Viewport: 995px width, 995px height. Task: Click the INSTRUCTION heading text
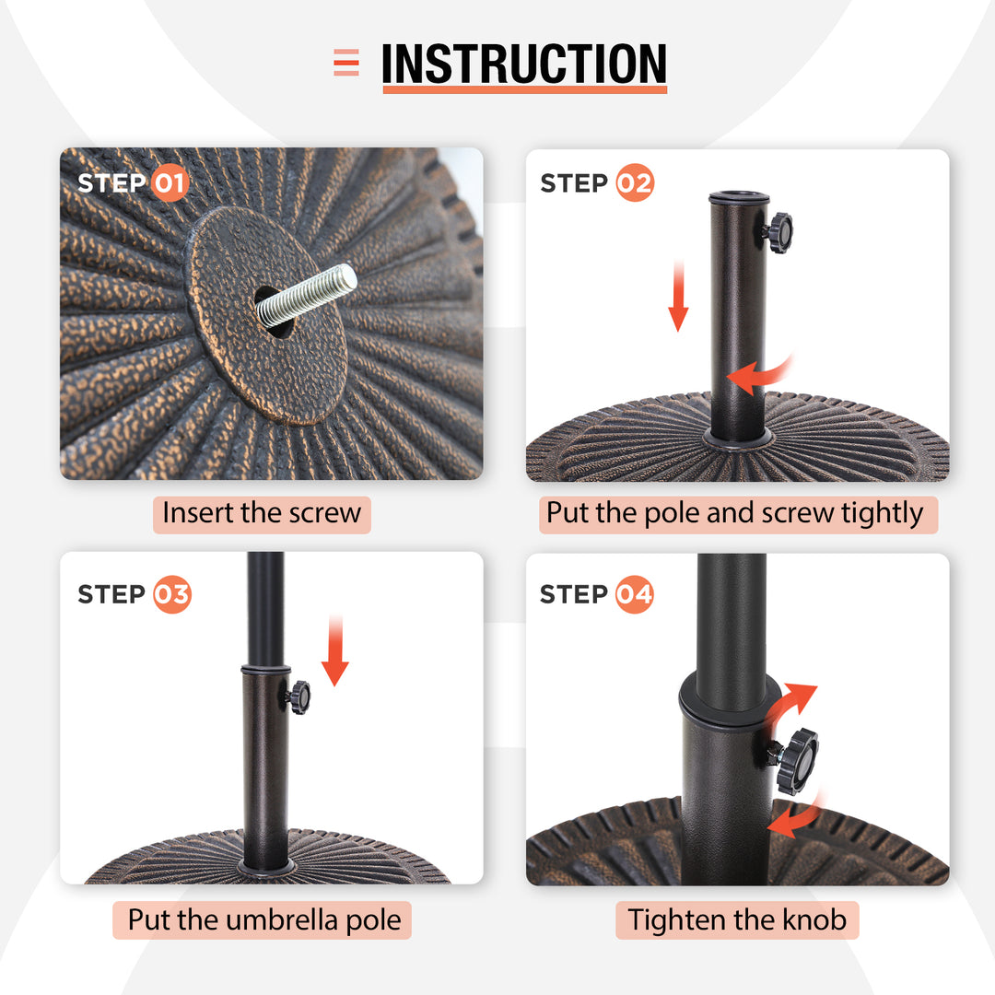(524, 64)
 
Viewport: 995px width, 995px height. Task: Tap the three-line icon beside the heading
(346, 63)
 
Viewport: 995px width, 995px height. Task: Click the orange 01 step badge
(170, 183)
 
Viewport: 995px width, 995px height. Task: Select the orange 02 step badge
(635, 182)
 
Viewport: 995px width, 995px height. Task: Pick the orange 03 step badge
(172, 594)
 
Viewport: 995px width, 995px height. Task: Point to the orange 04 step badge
(635, 594)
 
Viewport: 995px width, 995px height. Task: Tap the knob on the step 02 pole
(779, 233)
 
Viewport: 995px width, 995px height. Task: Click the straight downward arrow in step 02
(678, 296)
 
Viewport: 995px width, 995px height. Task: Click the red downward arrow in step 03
(335, 650)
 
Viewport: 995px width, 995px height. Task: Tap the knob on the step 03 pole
(298, 697)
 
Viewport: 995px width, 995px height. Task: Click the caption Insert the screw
(262, 513)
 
